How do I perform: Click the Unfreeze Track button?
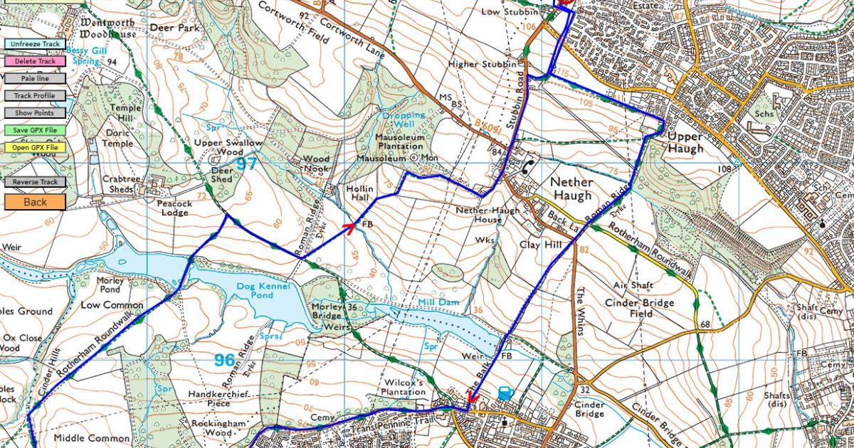(x=34, y=44)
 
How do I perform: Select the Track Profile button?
(x=34, y=95)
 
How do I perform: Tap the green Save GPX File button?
(x=34, y=130)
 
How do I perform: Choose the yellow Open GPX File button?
(x=34, y=148)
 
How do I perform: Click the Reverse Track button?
(x=34, y=182)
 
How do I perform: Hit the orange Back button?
(x=34, y=202)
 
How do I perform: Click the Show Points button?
(x=34, y=113)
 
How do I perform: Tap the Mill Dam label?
(x=438, y=302)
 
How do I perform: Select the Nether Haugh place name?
(x=571, y=188)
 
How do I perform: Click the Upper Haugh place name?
(x=685, y=142)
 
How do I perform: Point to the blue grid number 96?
(x=225, y=361)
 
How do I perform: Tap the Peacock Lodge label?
(x=174, y=208)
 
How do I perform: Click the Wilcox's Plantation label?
(x=403, y=387)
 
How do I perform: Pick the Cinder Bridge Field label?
(x=640, y=308)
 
